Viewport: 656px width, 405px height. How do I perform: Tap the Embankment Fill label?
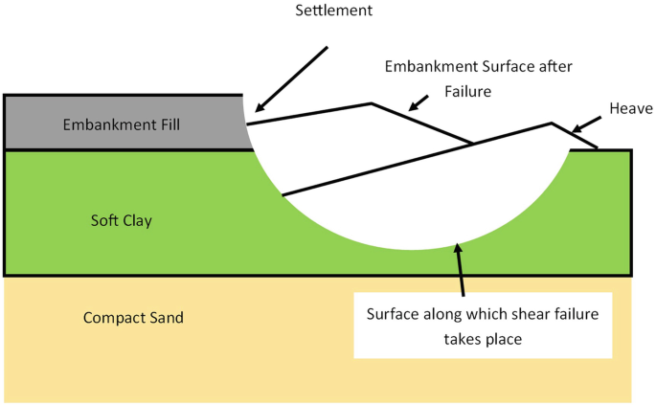tap(121, 124)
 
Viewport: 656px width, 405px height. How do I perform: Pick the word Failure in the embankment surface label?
tap(468, 91)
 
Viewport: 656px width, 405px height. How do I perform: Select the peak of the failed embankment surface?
tap(372, 103)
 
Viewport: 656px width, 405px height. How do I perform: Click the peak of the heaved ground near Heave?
tap(552, 123)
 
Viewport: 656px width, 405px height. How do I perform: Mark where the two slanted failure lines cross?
tap(473, 145)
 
